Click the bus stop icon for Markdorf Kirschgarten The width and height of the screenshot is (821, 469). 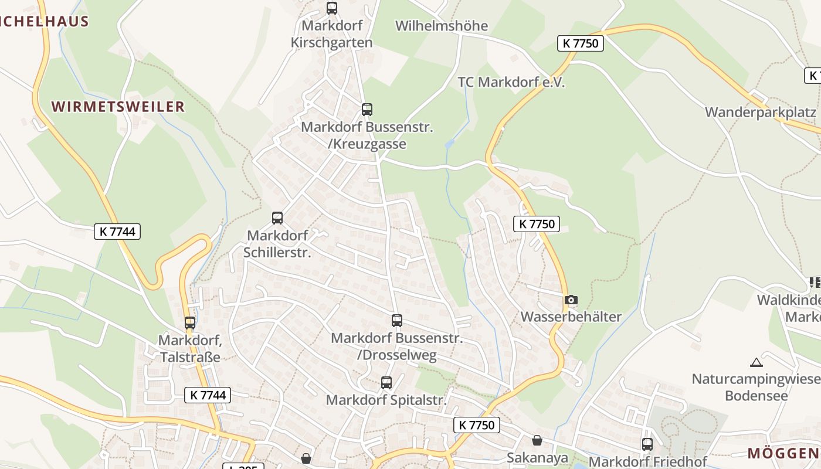click(332, 8)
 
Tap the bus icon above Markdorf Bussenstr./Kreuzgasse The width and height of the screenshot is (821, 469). click(367, 110)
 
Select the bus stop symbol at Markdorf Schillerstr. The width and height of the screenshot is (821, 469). click(277, 218)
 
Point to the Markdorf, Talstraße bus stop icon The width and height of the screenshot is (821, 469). click(190, 323)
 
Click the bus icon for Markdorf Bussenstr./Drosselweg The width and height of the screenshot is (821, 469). click(397, 321)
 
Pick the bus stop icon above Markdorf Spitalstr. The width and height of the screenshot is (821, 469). click(386, 383)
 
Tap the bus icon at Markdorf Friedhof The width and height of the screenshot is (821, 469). click(647, 444)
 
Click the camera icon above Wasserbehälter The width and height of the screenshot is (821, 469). click(571, 300)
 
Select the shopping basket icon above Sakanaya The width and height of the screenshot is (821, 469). click(537, 440)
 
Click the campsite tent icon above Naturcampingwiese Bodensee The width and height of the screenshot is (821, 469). click(756, 362)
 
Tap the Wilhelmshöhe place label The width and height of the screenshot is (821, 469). click(442, 26)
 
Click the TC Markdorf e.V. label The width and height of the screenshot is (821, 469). click(511, 82)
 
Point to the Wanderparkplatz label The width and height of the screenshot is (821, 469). click(761, 112)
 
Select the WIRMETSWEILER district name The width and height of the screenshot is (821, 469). click(118, 107)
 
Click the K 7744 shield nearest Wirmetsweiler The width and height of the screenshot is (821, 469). click(117, 232)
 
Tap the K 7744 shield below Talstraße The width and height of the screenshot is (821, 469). click(208, 395)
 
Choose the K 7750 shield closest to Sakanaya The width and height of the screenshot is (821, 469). click(477, 425)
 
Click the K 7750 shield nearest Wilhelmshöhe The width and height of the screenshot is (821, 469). click(580, 43)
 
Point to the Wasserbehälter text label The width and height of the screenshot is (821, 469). click(571, 317)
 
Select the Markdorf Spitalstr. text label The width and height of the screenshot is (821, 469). click(386, 400)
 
